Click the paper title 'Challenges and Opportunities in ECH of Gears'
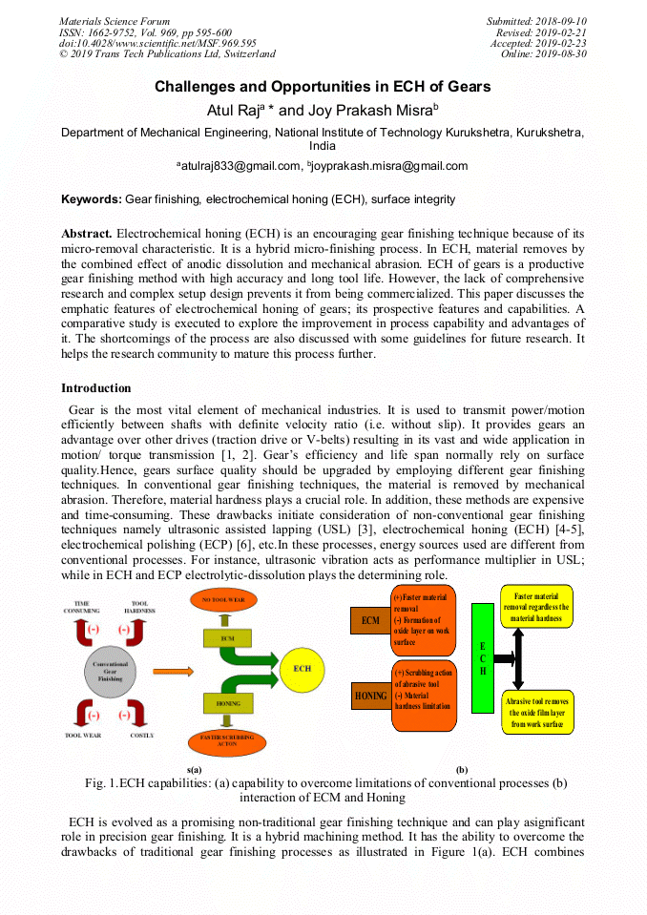(323, 87)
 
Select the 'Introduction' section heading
(96, 388)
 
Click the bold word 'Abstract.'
(87, 233)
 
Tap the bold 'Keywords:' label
(92, 199)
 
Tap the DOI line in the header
(157, 43)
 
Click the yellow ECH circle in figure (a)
(303, 669)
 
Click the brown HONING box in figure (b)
(370, 696)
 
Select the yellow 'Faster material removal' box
(536, 607)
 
